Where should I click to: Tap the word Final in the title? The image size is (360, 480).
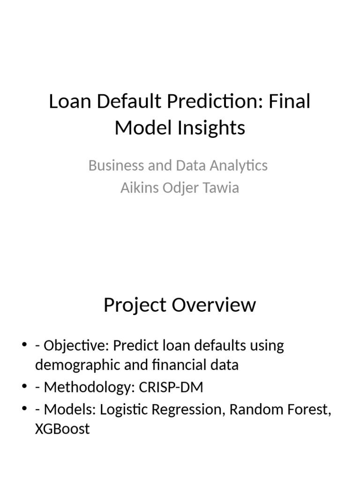290,102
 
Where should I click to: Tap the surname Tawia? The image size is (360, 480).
219,188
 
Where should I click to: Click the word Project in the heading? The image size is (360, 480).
134,305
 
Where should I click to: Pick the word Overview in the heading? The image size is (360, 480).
214,305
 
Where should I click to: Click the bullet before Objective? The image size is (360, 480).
25,346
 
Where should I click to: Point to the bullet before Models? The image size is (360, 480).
25,410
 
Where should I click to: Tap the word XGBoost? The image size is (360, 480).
62,428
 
